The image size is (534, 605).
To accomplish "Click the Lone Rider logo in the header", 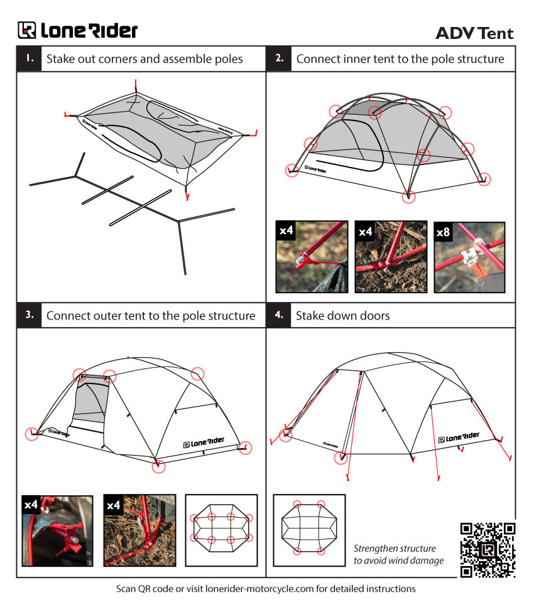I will click(x=77, y=30).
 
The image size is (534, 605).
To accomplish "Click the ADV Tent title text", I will click(x=474, y=33).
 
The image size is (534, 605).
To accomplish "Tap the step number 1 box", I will click(x=29, y=59).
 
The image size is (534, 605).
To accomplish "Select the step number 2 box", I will click(x=279, y=59).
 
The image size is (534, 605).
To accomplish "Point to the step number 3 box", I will click(x=29, y=315).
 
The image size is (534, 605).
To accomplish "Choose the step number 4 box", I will click(x=279, y=315).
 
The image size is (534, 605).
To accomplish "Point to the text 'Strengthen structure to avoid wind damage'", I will click(x=399, y=554).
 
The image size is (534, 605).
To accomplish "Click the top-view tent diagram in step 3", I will click(x=221, y=530).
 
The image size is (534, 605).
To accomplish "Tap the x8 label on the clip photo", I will click(x=443, y=232).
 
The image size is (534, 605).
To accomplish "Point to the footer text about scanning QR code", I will click(x=266, y=589).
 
